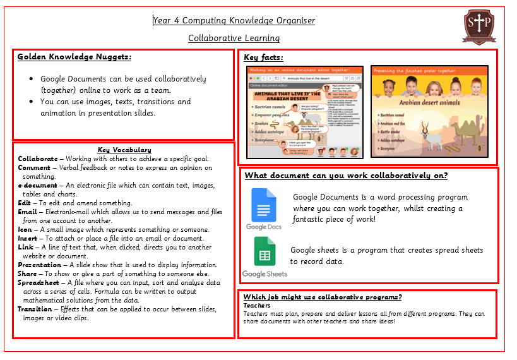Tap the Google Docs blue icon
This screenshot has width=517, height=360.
coord(264,205)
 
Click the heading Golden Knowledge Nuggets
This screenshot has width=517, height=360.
coord(74,57)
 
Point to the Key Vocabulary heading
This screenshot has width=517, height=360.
coord(124,150)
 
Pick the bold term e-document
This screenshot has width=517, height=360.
coord(37,186)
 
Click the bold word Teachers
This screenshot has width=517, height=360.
coord(257,306)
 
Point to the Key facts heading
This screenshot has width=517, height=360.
coord(263,57)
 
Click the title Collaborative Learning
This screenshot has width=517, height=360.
coord(234,38)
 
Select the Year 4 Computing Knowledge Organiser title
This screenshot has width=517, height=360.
coord(234,21)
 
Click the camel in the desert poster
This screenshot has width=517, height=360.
coord(468,128)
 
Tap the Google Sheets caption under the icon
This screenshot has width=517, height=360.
coord(264,274)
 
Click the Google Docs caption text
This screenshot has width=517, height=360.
coord(264,227)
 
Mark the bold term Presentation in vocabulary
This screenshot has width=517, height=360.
coord(39,265)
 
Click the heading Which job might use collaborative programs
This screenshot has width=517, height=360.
coord(323,297)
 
